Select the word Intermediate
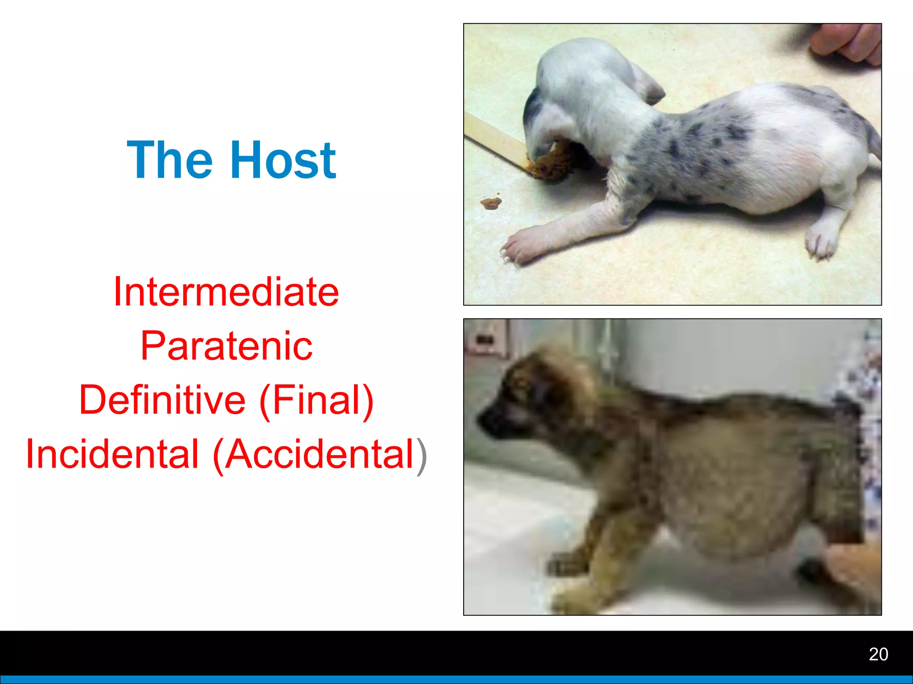226,292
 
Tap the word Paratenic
226,346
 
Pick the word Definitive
162,400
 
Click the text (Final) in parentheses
316,400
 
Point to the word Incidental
112,454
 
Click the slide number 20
878,654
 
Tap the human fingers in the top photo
847,42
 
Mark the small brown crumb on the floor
491,203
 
